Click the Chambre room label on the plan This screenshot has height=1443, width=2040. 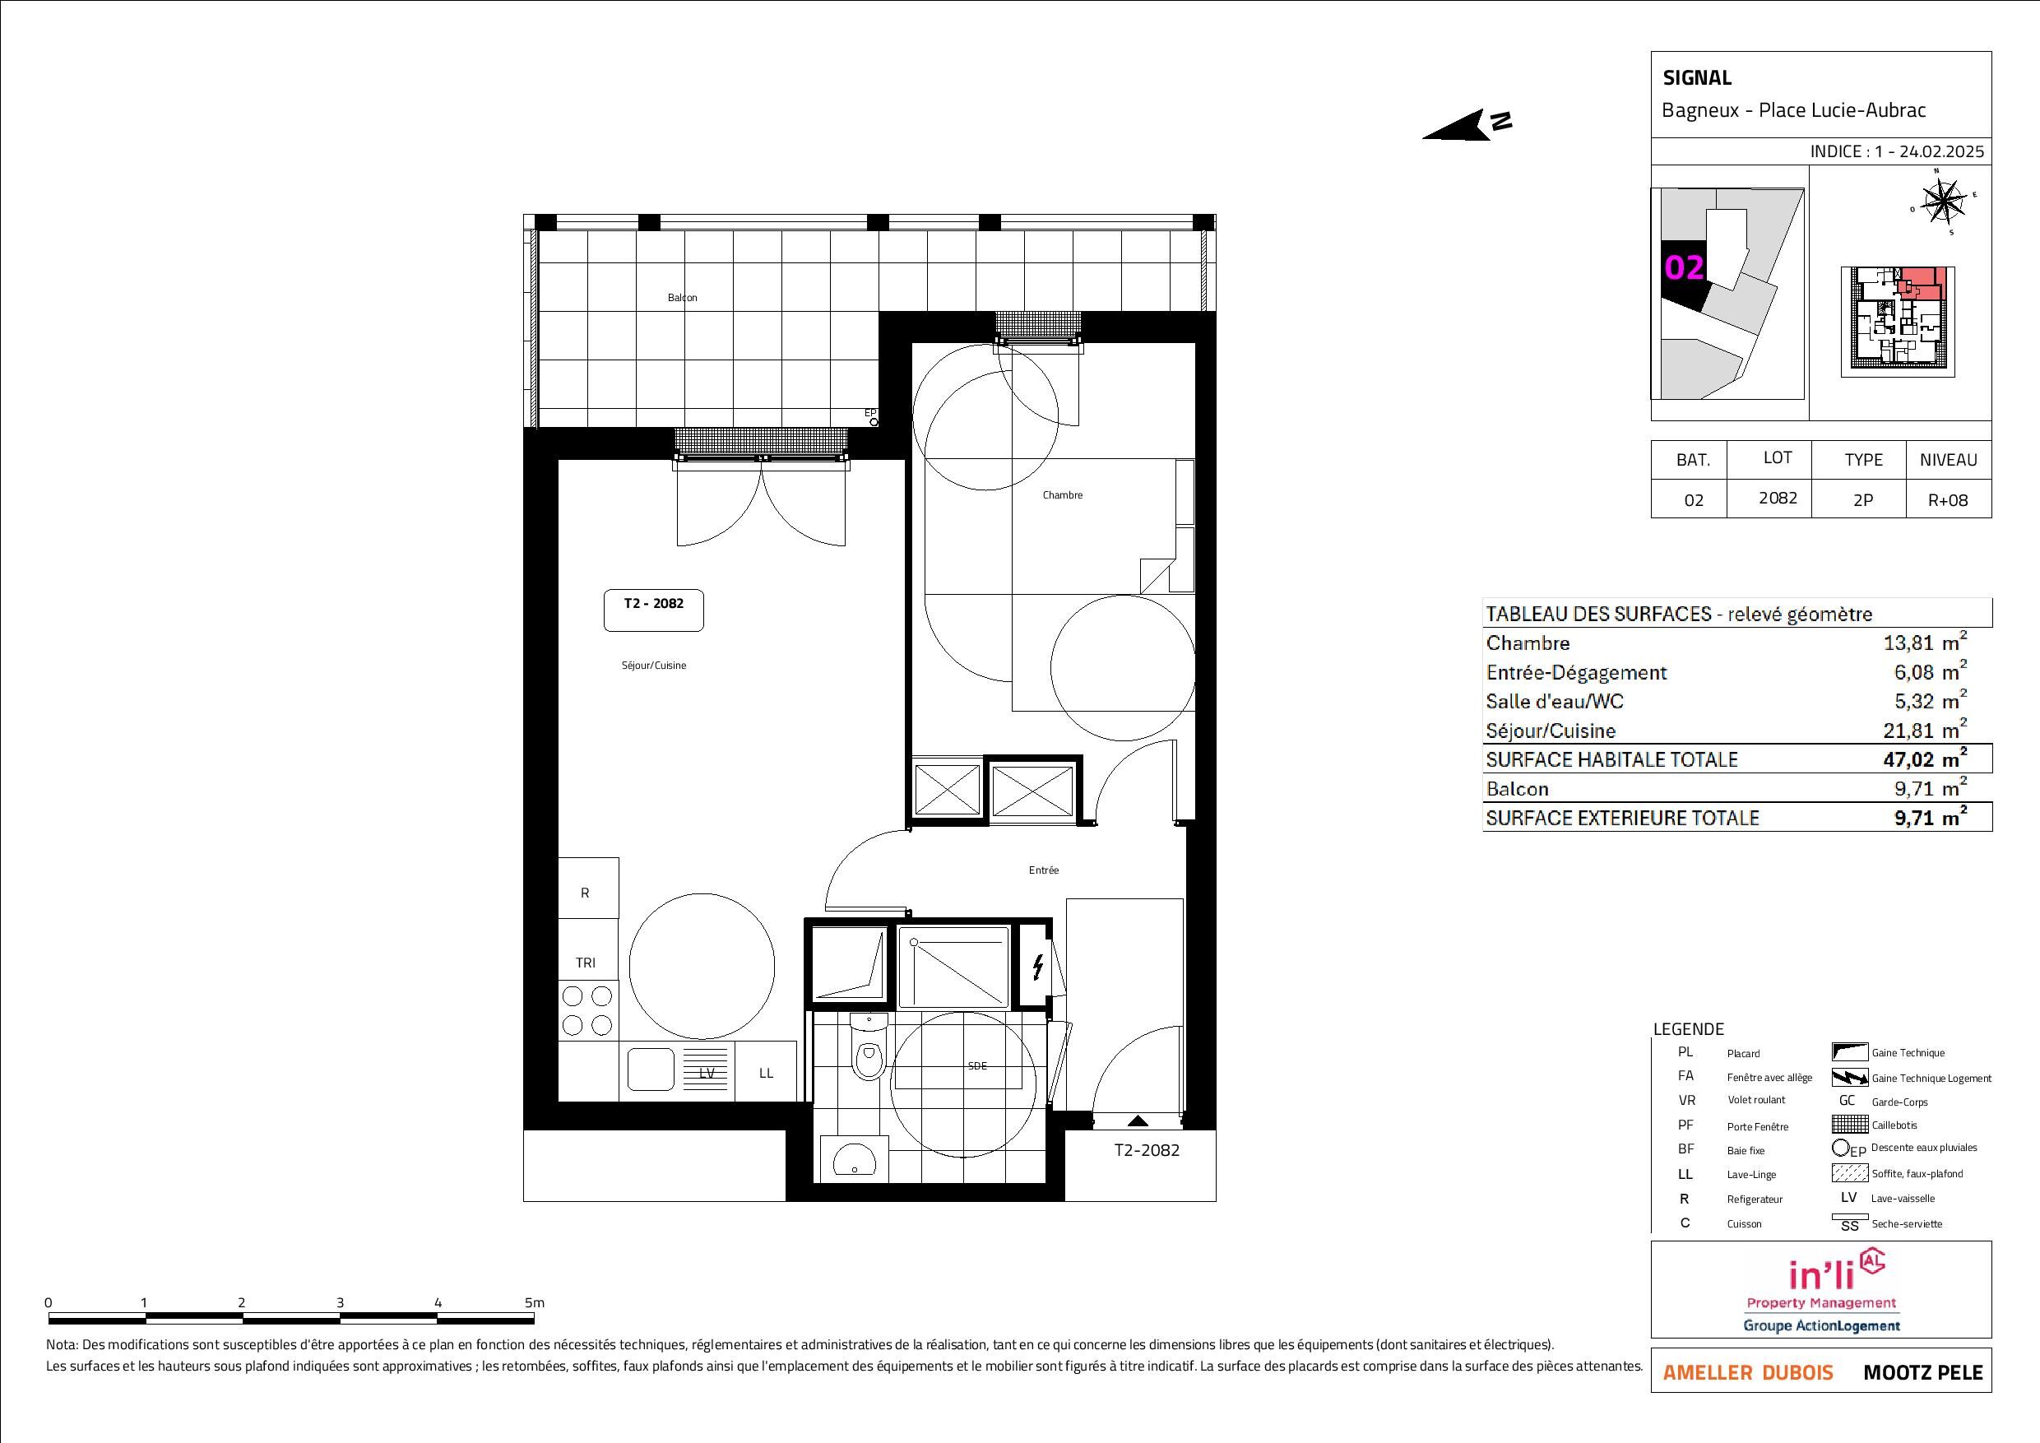(x=1063, y=495)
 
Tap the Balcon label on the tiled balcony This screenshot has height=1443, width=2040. (x=683, y=298)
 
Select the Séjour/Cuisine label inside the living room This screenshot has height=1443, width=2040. (x=654, y=666)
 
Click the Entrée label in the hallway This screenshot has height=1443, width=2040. (x=1044, y=870)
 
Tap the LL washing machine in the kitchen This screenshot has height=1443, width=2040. (x=767, y=1073)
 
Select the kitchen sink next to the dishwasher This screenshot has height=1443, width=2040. (x=651, y=1069)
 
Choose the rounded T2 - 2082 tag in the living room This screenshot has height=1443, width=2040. (x=654, y=610)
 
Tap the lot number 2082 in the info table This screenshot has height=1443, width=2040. (x=1778, y=498)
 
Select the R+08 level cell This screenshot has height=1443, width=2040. (x=1948, y=499)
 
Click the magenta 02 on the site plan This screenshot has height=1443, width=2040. (x=1684, y=267)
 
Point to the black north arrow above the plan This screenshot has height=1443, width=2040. (x=1466, y=125)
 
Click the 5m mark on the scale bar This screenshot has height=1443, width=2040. (x=533, y=1302)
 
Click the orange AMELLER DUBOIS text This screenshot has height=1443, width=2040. (x=1748, y=1373)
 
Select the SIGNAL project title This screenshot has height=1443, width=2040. (x=1697, y=78)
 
